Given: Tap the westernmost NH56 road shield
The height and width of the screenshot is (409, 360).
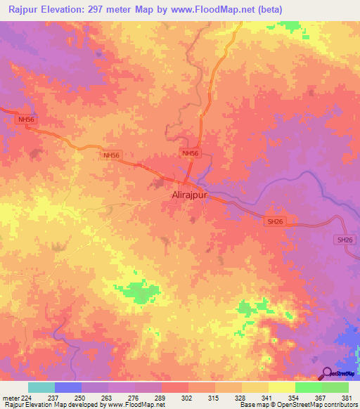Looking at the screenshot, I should [26, 120].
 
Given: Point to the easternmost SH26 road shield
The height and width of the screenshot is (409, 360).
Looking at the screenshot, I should [344, 240].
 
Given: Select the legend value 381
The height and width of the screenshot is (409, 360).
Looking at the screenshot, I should [347, 397].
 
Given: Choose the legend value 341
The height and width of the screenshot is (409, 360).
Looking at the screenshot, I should [268, 397].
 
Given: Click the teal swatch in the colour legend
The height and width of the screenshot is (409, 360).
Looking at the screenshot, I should [41, 387].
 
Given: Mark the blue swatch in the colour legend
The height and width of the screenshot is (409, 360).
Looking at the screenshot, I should [68, 387].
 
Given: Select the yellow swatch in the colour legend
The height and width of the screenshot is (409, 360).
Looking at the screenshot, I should [281, 387].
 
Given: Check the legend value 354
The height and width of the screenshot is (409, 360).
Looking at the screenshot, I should [295, 397].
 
